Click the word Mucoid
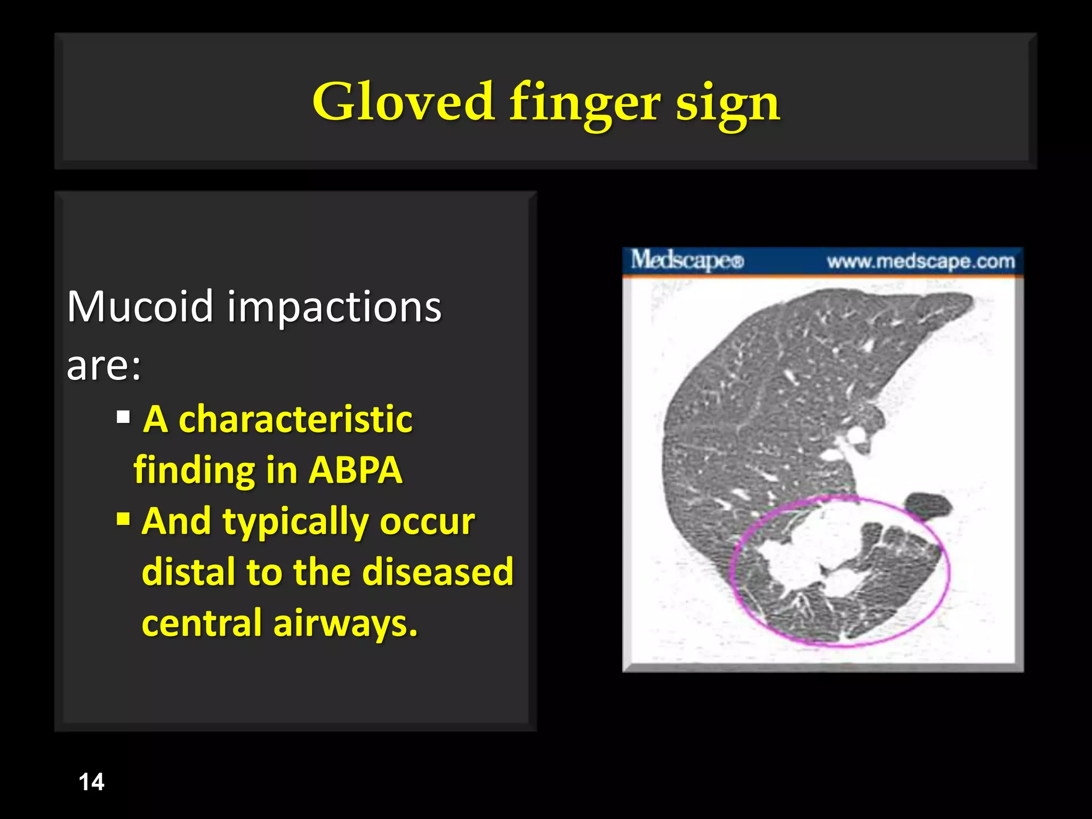click(x=140, y=307)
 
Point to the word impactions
click(x=334, y=308)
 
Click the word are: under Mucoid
click(x=104, y=366)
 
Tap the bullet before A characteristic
click(x=123, y=417)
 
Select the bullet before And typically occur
click(x=123, y=518)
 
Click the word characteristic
click(x=295, y=419)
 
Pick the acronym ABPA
click(x=355, y=470)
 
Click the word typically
click(x=295, y=521)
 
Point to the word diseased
click(x=437, y=572)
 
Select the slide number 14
click(x=91, y=782)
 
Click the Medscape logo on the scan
click(x=687, y=261)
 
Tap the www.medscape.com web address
click(x=920, y=261)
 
